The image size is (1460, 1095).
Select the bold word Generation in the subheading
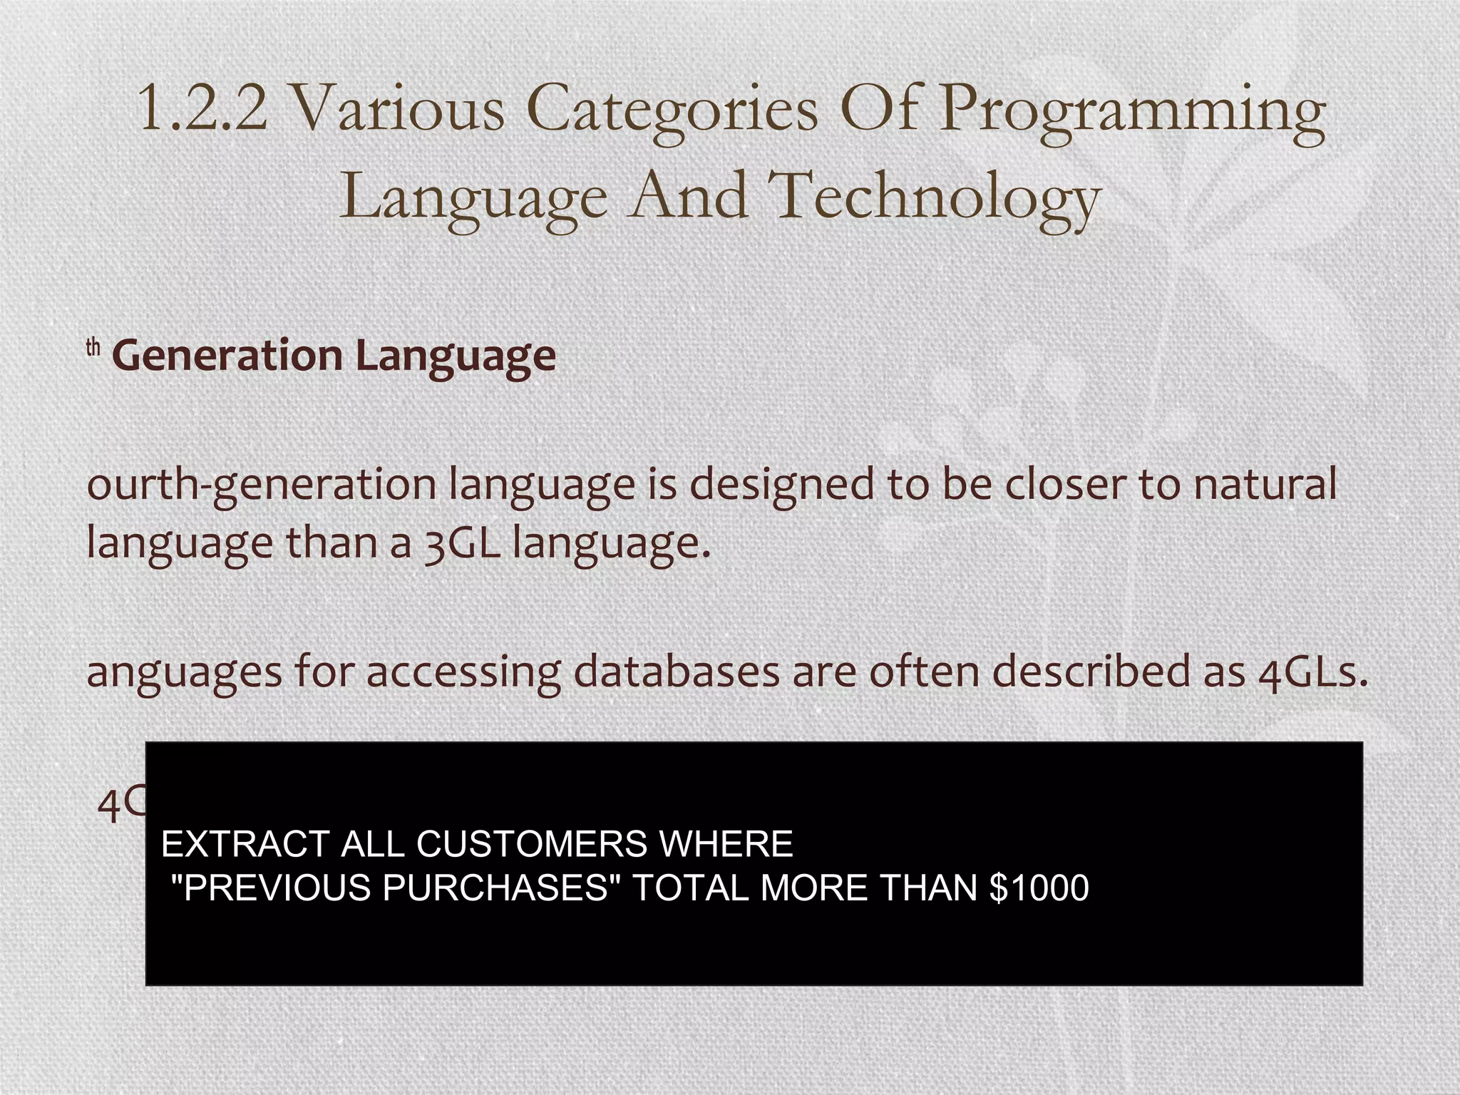pyautogui.click(x=227, y=356)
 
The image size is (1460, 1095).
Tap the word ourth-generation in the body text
pyautogui.click(x=261, y=485)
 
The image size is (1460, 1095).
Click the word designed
pyautogui.click(x=782, y=485)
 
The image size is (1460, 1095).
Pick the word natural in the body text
pyautogui.click(x=1265, y=484)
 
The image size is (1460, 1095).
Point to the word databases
pyautogui.click(x=677, y=672)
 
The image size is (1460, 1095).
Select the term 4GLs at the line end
pyautogui.click(x=1313, y=672)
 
